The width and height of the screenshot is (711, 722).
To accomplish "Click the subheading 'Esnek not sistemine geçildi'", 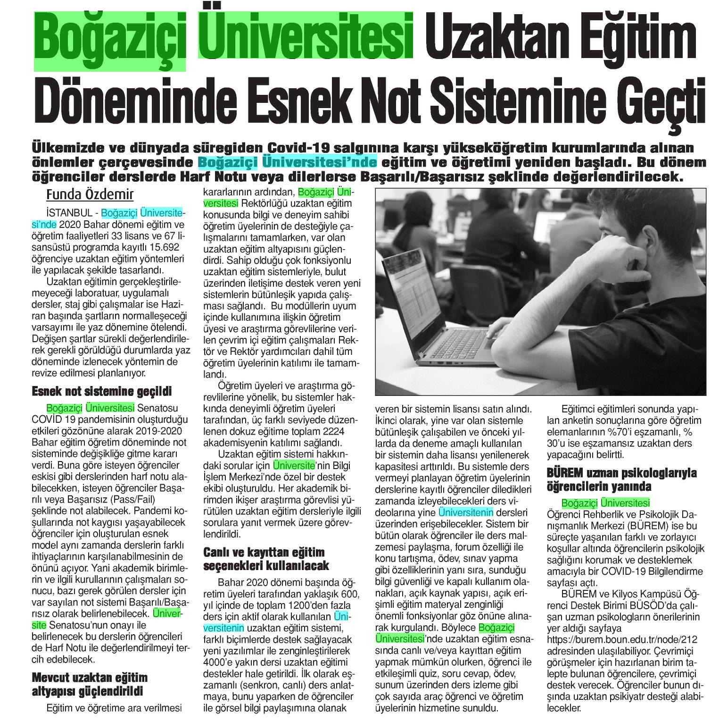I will point(101,391).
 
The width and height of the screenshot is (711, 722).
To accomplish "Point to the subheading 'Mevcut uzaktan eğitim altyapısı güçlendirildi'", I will point(90,685).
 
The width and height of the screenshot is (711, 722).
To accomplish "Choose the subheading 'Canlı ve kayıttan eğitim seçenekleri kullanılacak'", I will point(265,558).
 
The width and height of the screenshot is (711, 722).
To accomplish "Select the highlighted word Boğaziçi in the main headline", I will point(110,38).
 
